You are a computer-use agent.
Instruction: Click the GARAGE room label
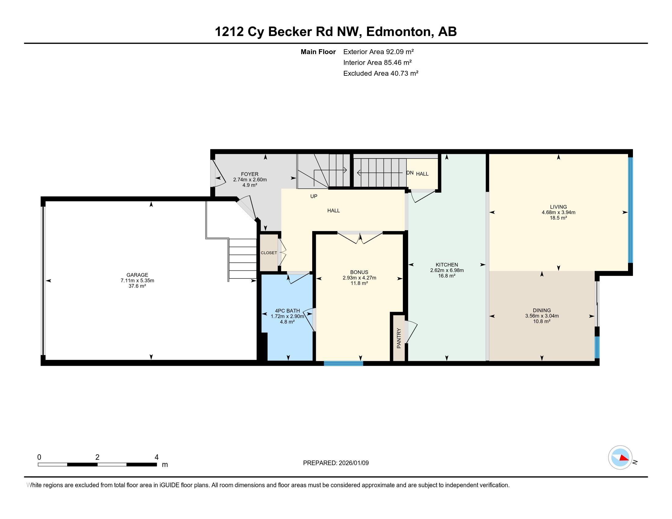[x=137, y=275]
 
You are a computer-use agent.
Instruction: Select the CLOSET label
[x=269, y=253]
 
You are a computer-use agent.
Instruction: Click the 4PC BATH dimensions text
[x=287, y=316]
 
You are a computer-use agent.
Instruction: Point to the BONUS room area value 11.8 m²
[x=359, y=283]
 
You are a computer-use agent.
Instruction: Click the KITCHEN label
[x=447, y=265]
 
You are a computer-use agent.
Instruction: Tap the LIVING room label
[x=558, y=207]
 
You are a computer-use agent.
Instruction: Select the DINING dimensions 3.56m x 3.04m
[x=542, y=316]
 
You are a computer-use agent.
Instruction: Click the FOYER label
[x=250, y=174]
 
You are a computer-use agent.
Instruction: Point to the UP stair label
[x=313, y=196]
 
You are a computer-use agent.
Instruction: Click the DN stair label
[x=410, y=173]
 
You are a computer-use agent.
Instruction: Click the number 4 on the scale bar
[x=156, y=457]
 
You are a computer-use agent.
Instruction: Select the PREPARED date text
[x=336, y=463]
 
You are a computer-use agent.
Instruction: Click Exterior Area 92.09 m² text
[x=378, y=52]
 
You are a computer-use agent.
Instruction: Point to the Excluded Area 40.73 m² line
[x=381, y=73]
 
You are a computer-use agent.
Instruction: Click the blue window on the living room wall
[x=630, y=210]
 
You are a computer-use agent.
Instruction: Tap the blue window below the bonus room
[x=343, y=363]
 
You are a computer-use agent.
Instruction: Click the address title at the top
[x=336, y=31]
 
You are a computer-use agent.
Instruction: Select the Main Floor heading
[x=318, y=52]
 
